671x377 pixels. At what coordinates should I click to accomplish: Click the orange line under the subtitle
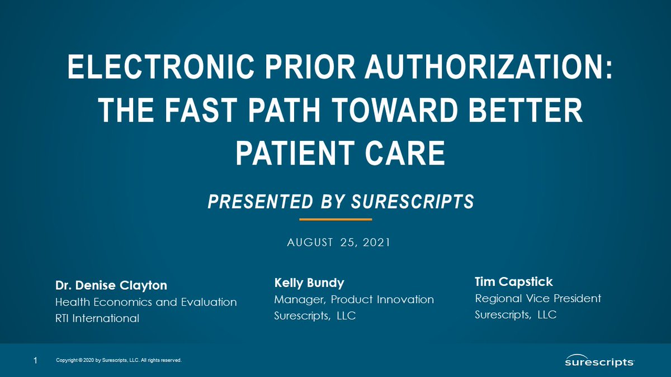coord(335,219)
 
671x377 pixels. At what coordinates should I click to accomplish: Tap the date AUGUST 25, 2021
coord(338,243)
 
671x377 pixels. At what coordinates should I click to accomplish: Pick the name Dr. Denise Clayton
coord(111,285)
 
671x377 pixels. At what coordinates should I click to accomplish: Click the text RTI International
coord(97,319)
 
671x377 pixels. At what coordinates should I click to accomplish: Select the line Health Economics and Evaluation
coord(146,302)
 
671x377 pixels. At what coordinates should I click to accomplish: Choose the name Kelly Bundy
coord(309,283)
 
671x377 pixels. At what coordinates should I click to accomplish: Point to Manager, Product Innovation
coord(354,299)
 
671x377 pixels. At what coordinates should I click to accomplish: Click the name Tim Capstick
coord(513,281)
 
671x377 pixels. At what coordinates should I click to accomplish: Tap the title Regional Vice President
coord(538,298)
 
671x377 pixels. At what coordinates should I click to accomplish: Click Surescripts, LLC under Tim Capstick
coord(516,315)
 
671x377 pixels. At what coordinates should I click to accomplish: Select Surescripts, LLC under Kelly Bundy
coord(315,316)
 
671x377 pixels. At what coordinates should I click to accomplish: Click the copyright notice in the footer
coord(119,361)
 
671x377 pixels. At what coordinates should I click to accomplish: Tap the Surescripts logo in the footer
coord(599,361)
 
